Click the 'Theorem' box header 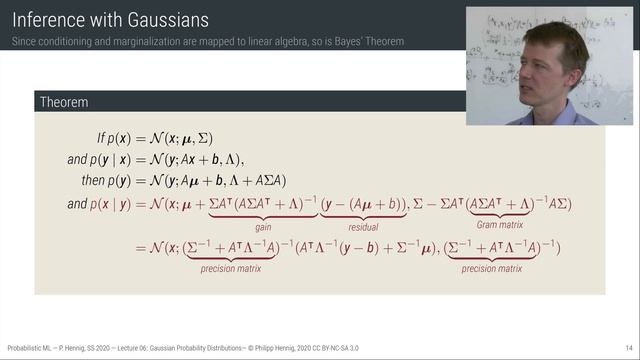point(63,102)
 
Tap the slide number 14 point(628,348)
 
